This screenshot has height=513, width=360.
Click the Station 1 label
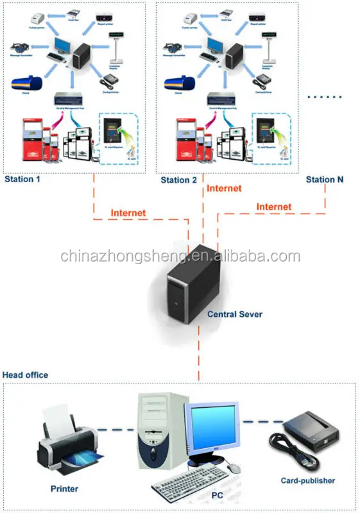click(22, 179)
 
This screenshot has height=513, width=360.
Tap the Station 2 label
click(178, 180)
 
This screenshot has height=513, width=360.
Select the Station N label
click(324, 180)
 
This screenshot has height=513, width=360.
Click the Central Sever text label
click(234, 315)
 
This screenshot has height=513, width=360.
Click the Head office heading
click(25, 374)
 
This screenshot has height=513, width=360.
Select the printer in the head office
click(68, 442)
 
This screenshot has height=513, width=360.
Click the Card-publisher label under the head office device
click(307, 480)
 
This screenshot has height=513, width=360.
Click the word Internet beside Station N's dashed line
click(274, 206)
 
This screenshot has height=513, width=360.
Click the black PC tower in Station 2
click(236, 57)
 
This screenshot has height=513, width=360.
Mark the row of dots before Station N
click(325, 97)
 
